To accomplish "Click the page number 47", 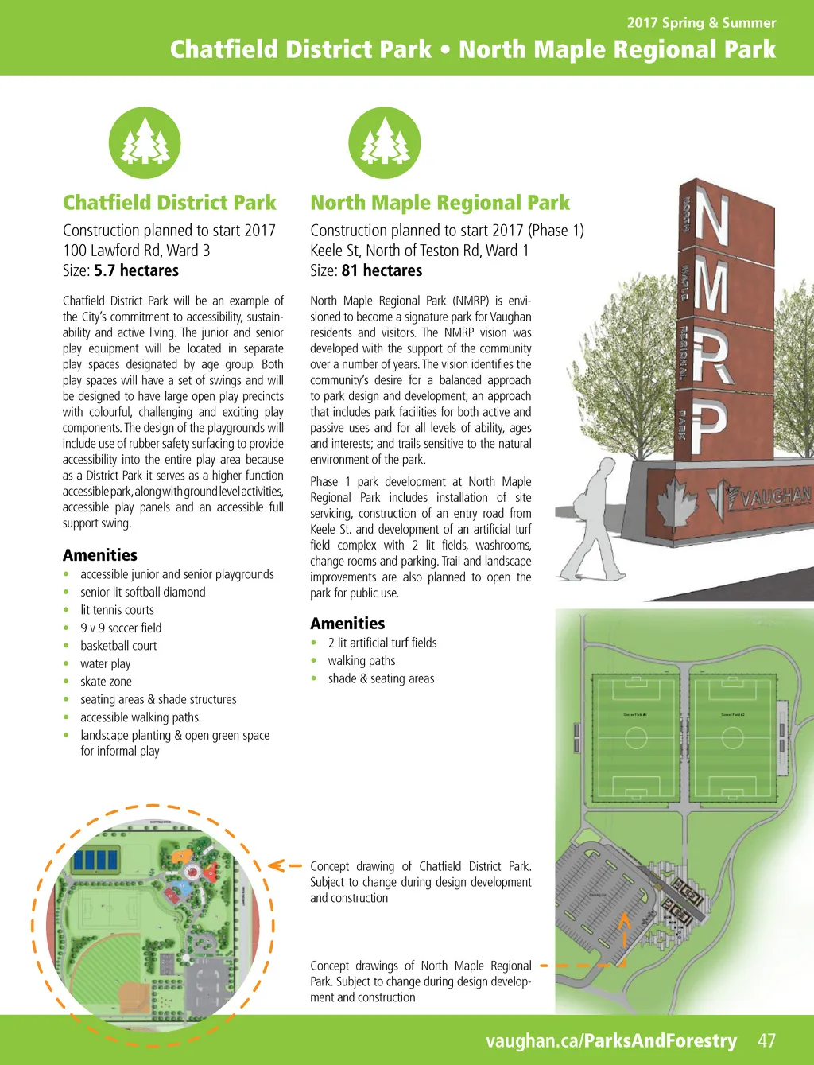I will [766, 1040].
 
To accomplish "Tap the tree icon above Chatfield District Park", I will [145, 143].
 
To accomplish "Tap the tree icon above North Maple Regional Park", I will [385, 143].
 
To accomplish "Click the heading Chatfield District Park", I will [169, 203].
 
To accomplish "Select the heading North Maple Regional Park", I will [440, 203].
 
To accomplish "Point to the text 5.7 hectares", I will [136, 270].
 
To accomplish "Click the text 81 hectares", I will [382, 270].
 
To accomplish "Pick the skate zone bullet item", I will [106, 682].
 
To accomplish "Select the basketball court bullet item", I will [118, 646].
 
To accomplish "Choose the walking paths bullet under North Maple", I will [361, 661].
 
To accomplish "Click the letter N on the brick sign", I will [712, 218].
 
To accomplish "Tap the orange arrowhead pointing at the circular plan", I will [275, 865].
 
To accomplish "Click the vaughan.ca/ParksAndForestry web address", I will [610, 1040].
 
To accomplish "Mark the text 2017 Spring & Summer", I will [701, 23].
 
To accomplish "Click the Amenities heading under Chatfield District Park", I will [100, 555].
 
